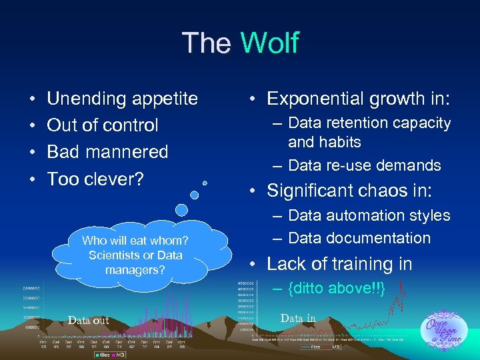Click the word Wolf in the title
(269, 43)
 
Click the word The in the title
(207, 43)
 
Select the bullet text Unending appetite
(122, 99)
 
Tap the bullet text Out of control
(102, 125)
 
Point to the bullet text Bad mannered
(107, 152)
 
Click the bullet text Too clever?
(95, 179)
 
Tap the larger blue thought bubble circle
(195, 195)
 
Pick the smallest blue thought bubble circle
(205, 182)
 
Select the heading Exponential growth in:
(359, 99)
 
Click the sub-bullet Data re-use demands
(364, 165)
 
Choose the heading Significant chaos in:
(349, 191)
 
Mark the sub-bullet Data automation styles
(369, 215)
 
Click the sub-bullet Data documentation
(359, 238)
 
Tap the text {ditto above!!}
(337, 288)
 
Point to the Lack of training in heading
(339, 264)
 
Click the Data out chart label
(88, 321)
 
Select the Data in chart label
(298, 319)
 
